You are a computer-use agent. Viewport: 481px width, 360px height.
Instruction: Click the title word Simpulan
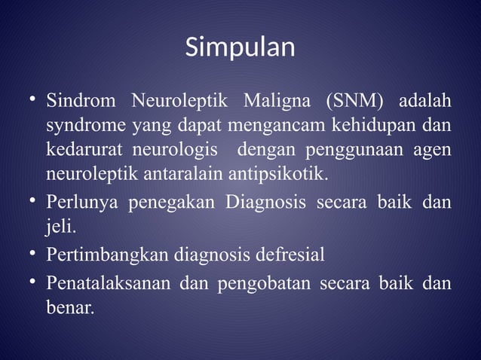[240, 47]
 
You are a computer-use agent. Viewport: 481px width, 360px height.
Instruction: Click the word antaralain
[176, 175]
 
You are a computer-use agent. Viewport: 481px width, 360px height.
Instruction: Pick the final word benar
[70, 308]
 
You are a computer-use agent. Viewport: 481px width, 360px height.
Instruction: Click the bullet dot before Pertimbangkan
[32, 254]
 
